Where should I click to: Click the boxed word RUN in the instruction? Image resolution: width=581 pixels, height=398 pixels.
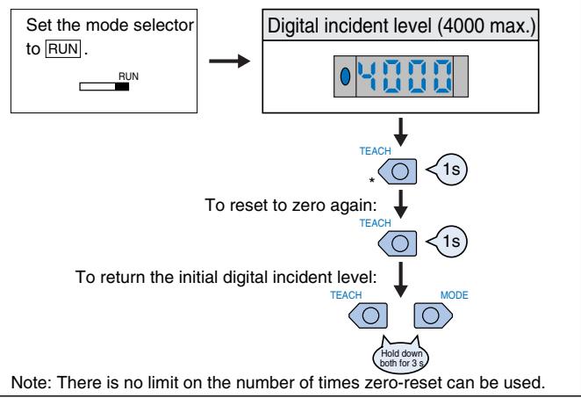point(62,49)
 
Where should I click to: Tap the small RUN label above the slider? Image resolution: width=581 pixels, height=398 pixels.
point(128,76)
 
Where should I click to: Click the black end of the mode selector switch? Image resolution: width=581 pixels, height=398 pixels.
point(122,87)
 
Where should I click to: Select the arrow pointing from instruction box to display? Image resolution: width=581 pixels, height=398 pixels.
point(229,61)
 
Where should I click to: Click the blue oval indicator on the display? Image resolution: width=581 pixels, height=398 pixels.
point(345,76)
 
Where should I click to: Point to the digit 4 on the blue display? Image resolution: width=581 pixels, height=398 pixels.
point(367,76)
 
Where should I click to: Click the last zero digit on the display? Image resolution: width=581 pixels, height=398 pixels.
point(443,76)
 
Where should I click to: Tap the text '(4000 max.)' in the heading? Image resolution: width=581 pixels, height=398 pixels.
point(486,26)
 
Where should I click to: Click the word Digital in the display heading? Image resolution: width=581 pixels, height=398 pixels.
point(293,26)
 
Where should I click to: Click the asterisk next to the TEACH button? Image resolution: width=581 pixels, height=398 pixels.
point(371,180)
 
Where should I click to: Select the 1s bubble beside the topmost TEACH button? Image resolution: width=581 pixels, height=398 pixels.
point(448,170)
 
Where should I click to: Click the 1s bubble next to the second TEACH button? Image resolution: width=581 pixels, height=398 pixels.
point(448,242)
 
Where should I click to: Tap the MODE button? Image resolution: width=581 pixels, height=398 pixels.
point(433,315)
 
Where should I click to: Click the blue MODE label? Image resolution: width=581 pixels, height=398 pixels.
point(455,295)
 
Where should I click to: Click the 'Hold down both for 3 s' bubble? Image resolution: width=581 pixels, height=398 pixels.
point(401,356)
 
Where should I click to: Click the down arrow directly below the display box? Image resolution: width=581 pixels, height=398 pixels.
point(400,133)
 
